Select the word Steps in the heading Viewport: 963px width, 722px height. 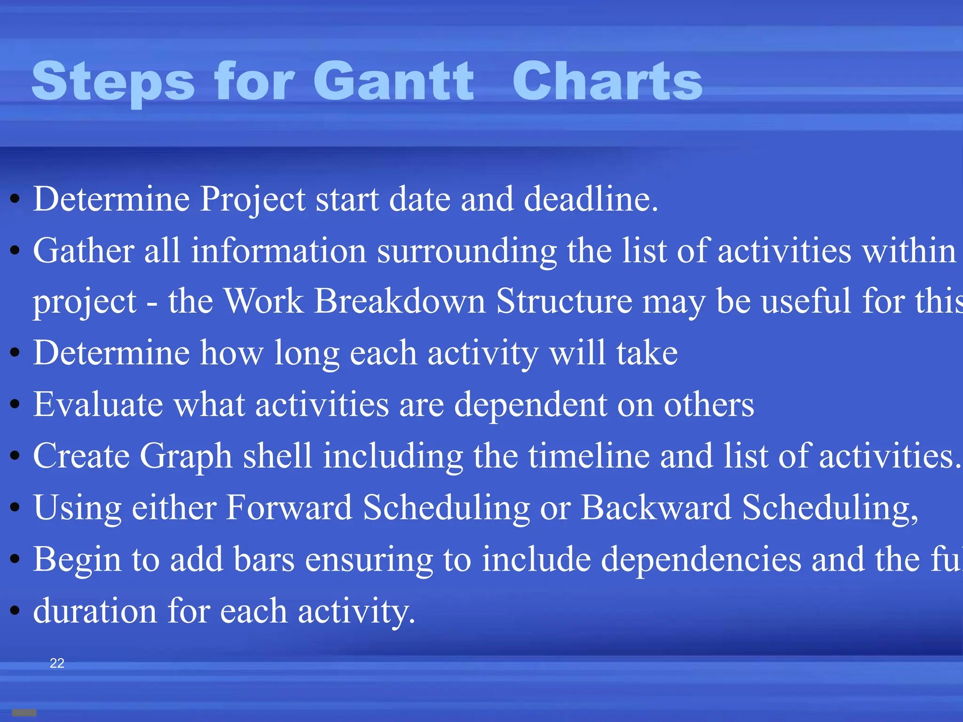pyautogui.click(x=113, y=82)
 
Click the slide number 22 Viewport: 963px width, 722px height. pyautogui.click(x=57, y=663)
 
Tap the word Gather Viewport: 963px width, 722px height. pyautogui.click(x=83, y=251)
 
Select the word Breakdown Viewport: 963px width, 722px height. pyautogui.click(x=399, y=301)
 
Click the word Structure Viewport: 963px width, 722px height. pyautogui.click(x=564, y=301)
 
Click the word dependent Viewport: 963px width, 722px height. pyautogui.click(x=530, y=405)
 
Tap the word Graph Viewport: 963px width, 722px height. pyautogui.click(x=186, y=456)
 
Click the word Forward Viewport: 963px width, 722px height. pyautogui.click(x=289, y=507)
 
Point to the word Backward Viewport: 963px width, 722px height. pyautogui.click(x=656, y=507)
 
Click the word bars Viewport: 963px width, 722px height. pyautogui.click(x=264, y=559)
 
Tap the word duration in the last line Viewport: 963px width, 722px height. pyautogui.click(x=95, y=611)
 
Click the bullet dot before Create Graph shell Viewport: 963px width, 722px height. pyautogui.click(x=15, y=456)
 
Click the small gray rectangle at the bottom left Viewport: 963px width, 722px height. pyautogui.click(x=24, y=713)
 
